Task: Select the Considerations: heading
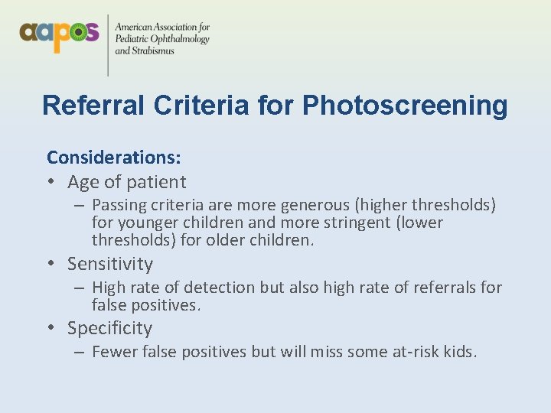(114, 158)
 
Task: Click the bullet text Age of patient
(126, 182)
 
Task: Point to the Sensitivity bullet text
(110, 264)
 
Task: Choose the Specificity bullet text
(109, 328)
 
